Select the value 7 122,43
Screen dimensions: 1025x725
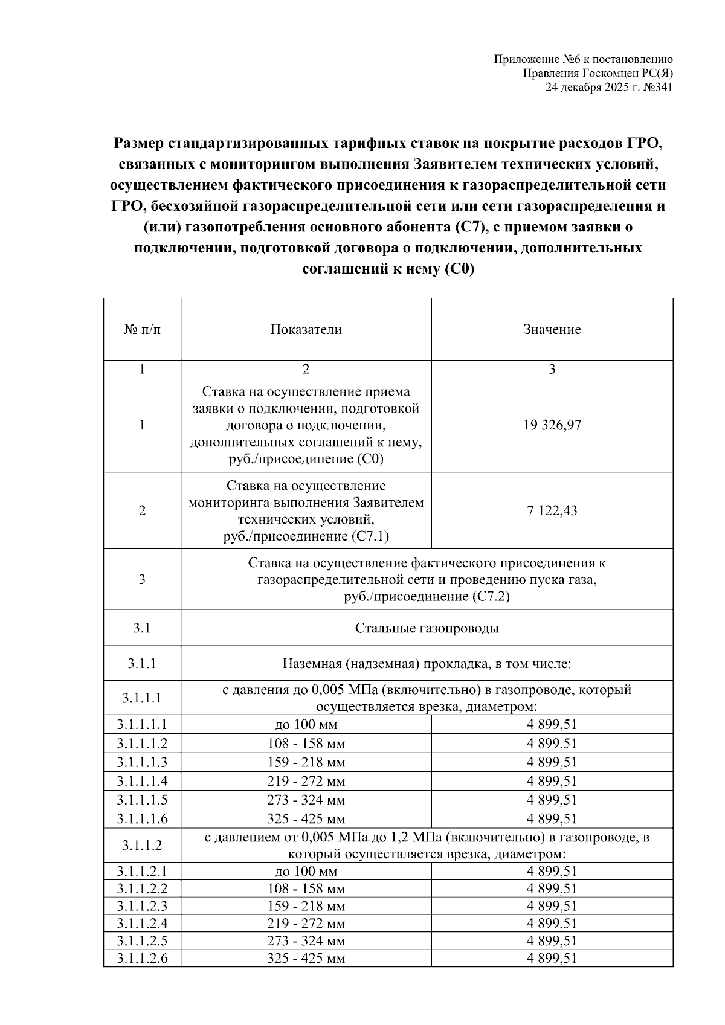[552, 511]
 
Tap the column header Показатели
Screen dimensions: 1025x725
[306, 330]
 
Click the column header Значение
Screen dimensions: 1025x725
[552, 330]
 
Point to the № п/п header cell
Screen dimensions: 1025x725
[142, 330]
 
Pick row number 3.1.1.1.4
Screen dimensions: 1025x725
[142, 781]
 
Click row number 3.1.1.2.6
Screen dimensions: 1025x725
[142, 959]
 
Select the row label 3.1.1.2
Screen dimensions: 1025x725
[142, 846]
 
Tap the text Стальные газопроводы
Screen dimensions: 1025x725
[427, 628]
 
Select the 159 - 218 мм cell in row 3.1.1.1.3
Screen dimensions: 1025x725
[306, 762]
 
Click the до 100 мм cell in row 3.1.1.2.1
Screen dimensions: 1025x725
[306, 872]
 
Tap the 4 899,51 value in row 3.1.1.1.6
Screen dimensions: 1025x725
[552, 819]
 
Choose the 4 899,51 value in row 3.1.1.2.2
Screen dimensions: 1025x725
[552, 889]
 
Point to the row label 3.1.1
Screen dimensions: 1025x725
[142, 664]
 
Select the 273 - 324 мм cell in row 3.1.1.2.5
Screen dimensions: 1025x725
[306, 941]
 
